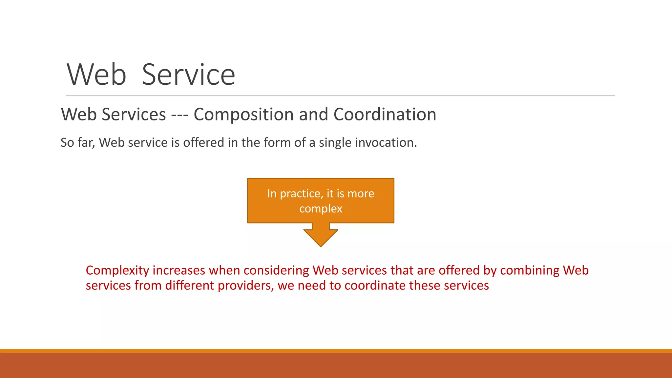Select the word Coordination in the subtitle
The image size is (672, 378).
(x=385, y=115)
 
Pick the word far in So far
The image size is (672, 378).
(x=86, y=142)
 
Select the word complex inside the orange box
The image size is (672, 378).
(x=321, y=209)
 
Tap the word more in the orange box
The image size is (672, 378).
(x=361, y=194)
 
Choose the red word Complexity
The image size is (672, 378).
(x=117, y=271)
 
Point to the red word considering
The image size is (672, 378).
(x=276, y=271)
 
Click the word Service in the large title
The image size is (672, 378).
(x=188, y=75)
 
